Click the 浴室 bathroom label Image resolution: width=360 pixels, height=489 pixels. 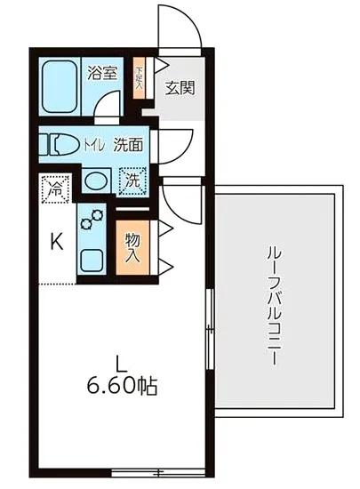click(102, 74)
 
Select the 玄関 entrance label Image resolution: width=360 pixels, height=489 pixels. click(180, 88)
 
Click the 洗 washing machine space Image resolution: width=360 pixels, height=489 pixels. click(132, 180)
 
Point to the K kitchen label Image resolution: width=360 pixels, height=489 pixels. click(55, 240)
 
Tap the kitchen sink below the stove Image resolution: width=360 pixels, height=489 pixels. click(92, 261)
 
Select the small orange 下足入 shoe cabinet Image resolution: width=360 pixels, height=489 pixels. click(139, 70)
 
